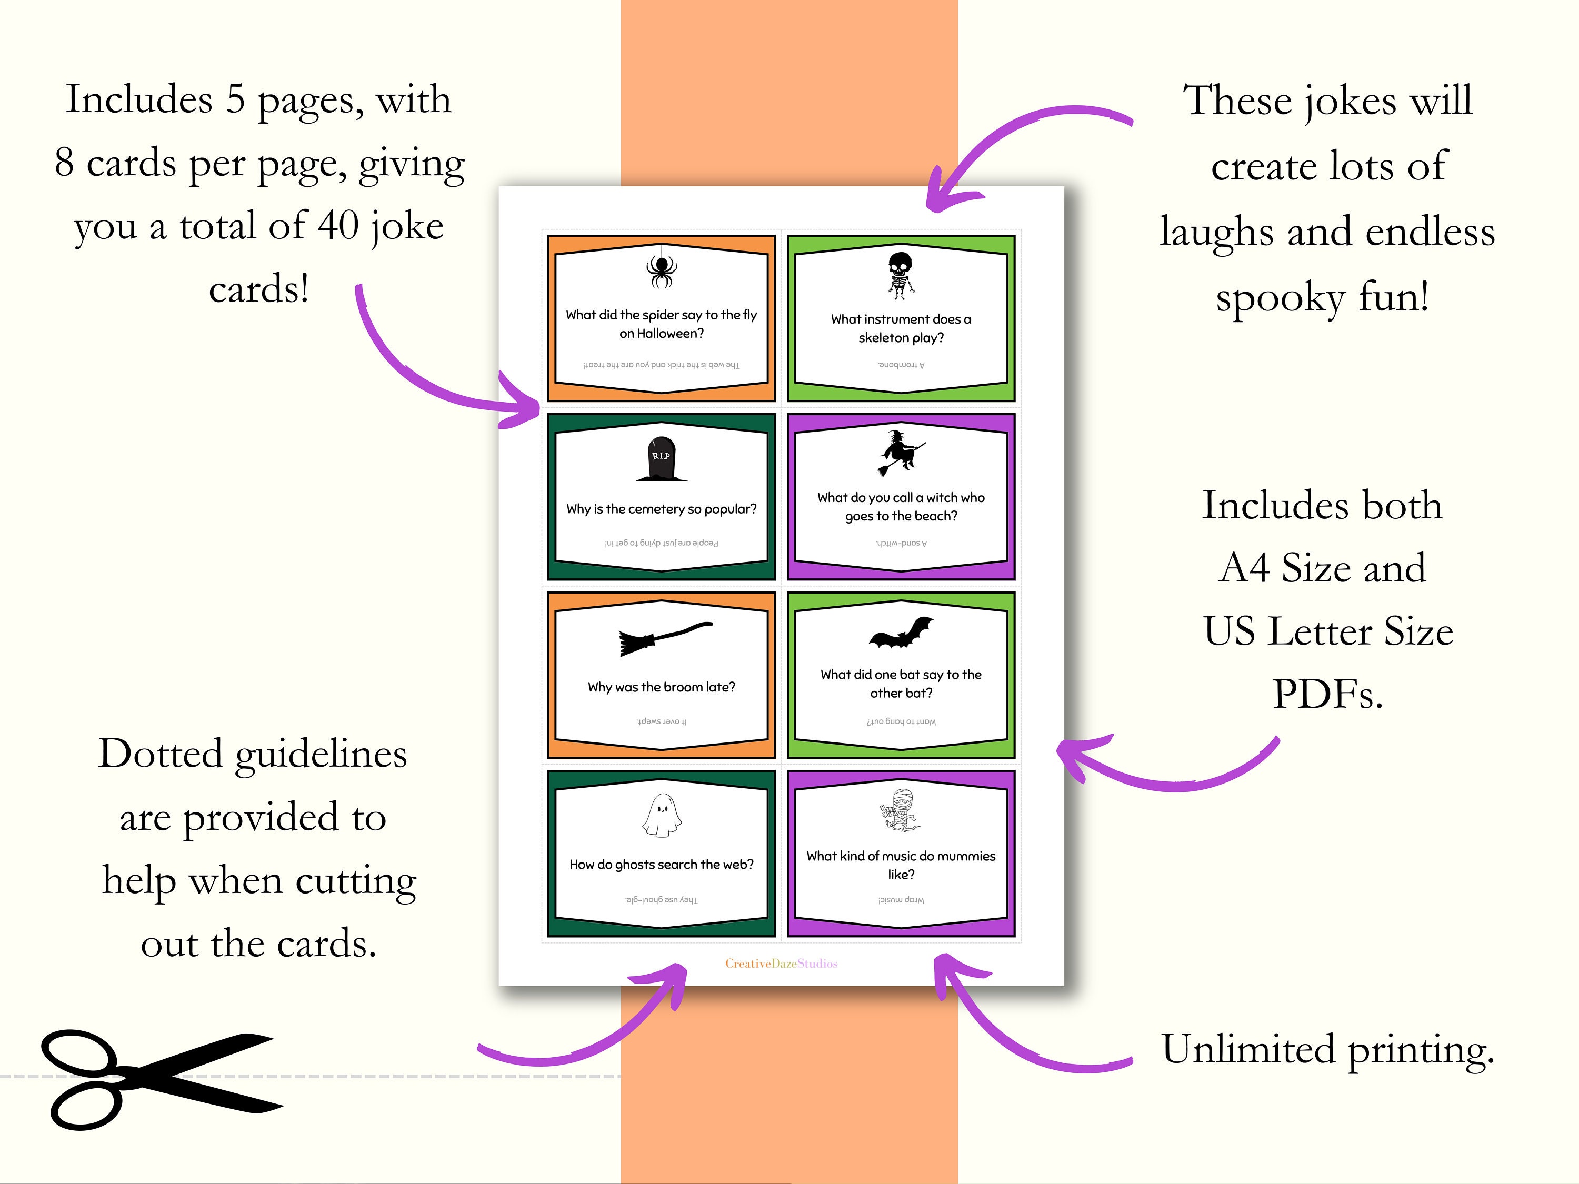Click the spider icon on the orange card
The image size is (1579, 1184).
click(x=661, y=270)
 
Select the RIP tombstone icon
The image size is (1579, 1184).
click(x=661, y=459)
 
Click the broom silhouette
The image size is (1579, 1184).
click(x=664, y=637)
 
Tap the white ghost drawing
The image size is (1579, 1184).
click(x=661, y=815)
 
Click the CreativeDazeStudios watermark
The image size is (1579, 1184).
click(x=781, y=964)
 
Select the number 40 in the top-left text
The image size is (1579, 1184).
click(x=338, y=226)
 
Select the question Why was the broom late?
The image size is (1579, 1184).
click(x=661, y=687)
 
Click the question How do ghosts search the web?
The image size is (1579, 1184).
click(x=661, y=864)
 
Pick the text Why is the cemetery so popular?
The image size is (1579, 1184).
click(x=661, y=509)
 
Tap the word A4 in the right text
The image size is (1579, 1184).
click(x=1245, y=568)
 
